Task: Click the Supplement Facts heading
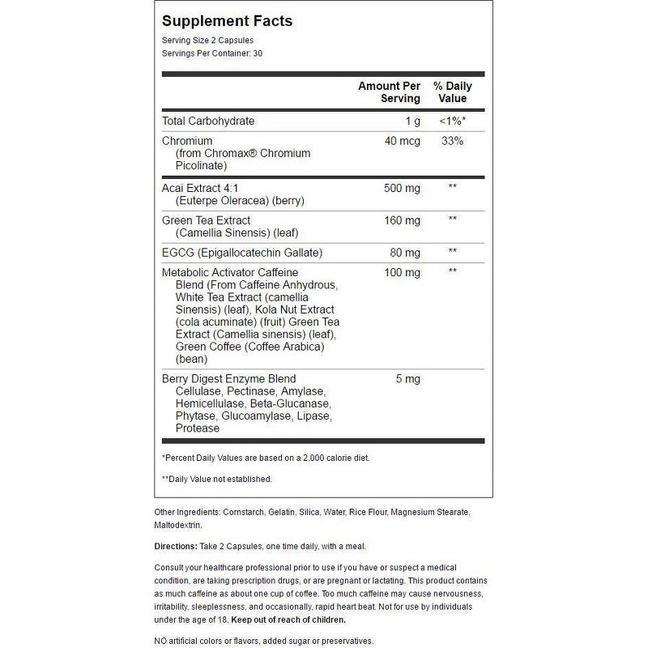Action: (228, 21)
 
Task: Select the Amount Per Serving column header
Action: (390, 92)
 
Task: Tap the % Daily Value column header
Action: (453, 92)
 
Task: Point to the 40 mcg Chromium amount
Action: (403, 141)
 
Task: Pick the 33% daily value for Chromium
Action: (453, 141)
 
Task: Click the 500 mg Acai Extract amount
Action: (402, 188)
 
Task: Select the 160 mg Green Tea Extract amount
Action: (402, 220)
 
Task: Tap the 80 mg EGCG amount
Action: (405, 252)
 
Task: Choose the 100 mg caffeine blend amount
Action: (402, 272)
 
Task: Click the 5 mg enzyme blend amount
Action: (408, 378)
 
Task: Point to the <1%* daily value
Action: (453, 121)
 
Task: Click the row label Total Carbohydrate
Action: (208, 121)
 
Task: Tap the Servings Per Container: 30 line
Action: (212, 53)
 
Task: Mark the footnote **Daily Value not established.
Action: (217, 479)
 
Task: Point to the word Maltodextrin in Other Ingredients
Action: (178, 526)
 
